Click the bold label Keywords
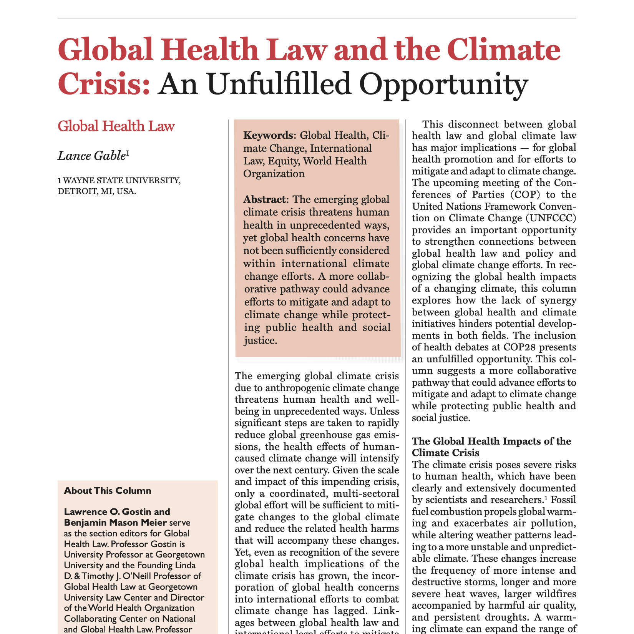[268, 135]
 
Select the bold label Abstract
[265, 200]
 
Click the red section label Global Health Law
[116, 126]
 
